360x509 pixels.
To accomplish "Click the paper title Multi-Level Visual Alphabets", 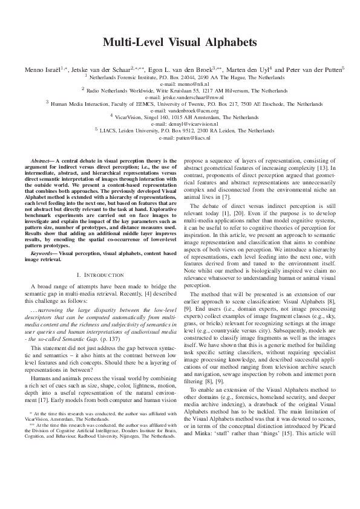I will [180, 42].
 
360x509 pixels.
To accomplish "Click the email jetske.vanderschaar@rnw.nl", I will [180, 96].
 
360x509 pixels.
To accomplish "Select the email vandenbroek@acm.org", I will [180, 110].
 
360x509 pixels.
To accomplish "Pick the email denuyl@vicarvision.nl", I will [180, 123].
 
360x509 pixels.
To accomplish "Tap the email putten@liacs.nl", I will [180, 137].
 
